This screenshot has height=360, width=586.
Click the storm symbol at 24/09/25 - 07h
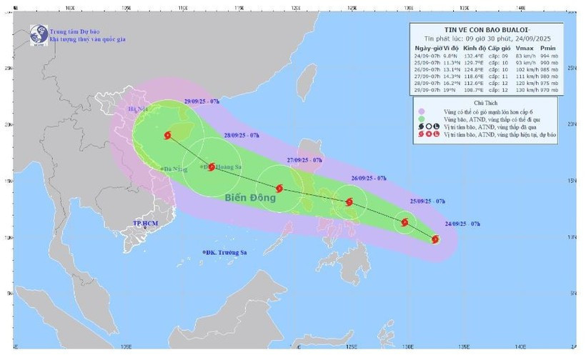(x=436, y=239)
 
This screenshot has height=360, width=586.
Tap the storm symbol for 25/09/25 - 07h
(x=405, y=222)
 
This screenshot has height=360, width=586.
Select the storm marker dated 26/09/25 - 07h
(x=349, y=202)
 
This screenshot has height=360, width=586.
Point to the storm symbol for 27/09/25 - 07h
(x=279, y=189)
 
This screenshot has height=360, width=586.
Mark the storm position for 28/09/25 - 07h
(x=212, y=166)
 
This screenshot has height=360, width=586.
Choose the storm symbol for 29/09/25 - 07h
(x=167, y=135)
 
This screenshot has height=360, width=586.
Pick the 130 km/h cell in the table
(x=525, y=91)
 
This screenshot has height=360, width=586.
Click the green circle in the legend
(x=422, y=120)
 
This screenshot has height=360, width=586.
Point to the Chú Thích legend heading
(x=487, y=104)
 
